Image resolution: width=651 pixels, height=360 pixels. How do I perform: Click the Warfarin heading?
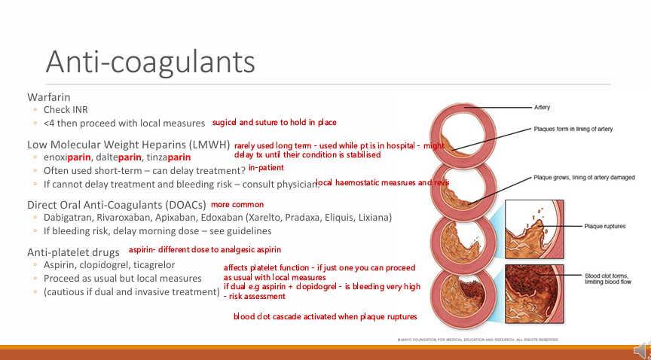pyautogui.click(x=49, y=97)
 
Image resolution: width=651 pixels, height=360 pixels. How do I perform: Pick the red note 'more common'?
pyautogui.click(x=237, y=204)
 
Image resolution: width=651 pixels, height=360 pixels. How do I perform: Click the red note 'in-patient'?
pyautogui.click(x=266, y=168)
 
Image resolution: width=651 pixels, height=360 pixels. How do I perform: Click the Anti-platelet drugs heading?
pyautogui.click(x=74, y=252)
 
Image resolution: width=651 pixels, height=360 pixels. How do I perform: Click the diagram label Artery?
pyautogui.click(x=542, y=108)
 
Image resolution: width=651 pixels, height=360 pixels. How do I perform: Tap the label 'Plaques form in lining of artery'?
pyautogui.click(x=573, y=129)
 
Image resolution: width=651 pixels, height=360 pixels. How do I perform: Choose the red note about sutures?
pyautogui.click(x=274, y=122)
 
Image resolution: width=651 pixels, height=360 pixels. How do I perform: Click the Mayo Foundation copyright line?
pyautogui.click(x=478, y=340)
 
